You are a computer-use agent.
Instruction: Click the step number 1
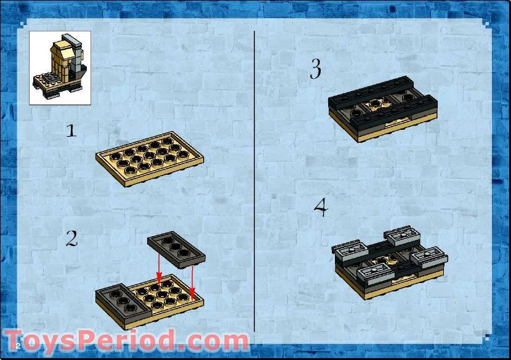[72, 130]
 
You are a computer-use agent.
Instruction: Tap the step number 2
[72, 239]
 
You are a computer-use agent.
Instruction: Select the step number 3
[315, 69]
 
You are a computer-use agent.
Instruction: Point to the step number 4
[320, 207]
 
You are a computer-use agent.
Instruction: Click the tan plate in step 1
[150, 157]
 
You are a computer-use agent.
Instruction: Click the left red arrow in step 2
[159, 268]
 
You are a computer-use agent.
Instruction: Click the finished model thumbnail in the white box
[60, 68]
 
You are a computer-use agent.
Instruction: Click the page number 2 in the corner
[18, 345]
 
